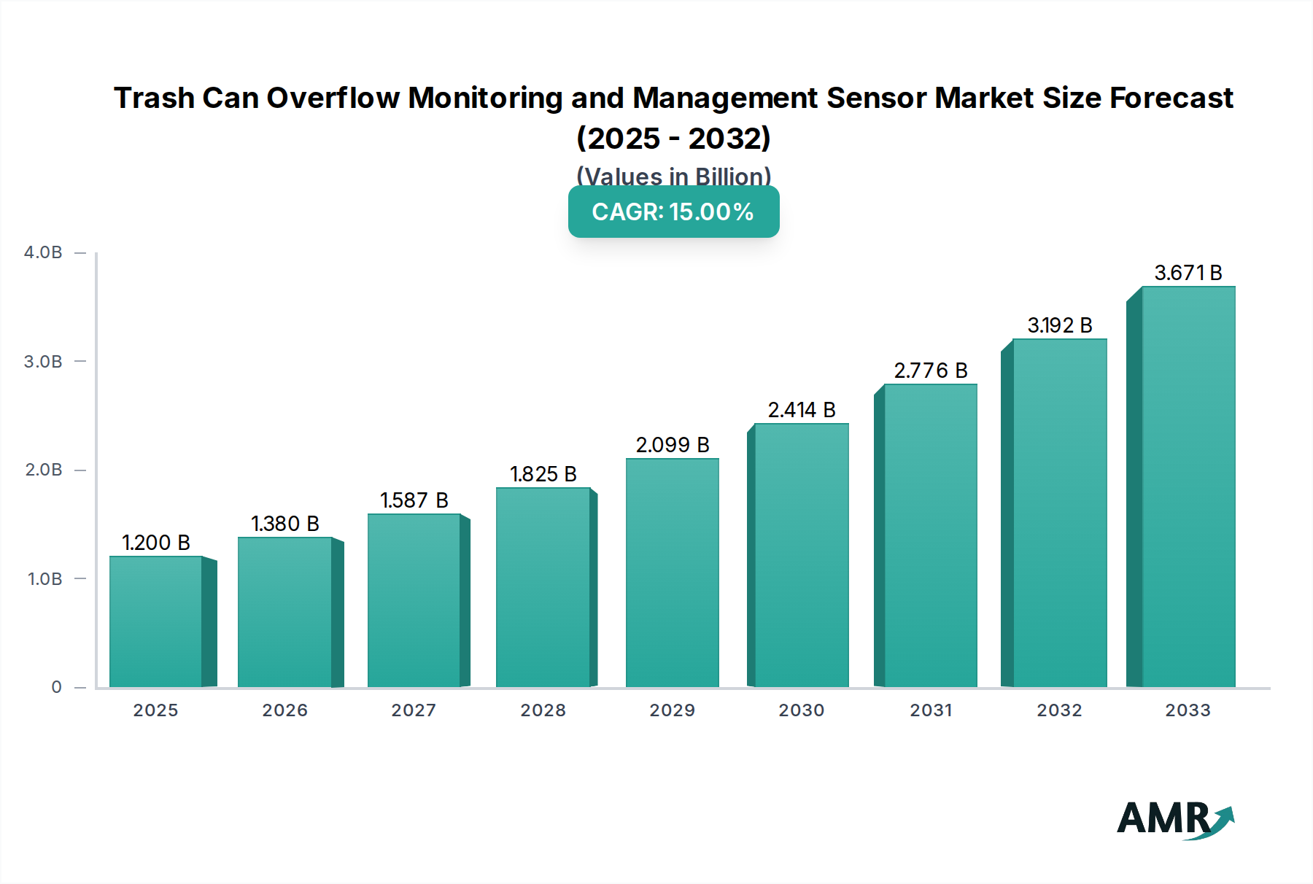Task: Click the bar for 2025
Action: [x=155, y=621]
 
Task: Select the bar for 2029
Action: [x=673, y=573]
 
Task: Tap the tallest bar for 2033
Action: [x=1188, y=486]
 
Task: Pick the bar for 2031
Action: [x=931, y=535]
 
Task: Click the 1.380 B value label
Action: [x=285, y=524]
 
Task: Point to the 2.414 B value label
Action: [x=802, y=410]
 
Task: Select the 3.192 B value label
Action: [x=1060, y=325]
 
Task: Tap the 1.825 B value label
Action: [x=543, y=474]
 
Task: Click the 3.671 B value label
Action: [x=1188, y=273]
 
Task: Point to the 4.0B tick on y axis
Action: [x=43, y=252]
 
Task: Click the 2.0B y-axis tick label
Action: [x=43, y=470]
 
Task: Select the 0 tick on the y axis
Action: [x=56, y=687]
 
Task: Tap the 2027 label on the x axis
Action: [x=414, y=710]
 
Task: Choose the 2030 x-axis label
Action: [x=802, y=710]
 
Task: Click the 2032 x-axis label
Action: [x=1060, y=710]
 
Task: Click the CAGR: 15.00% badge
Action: [x=673, y=212]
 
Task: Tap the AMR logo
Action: [x=1175, y=821]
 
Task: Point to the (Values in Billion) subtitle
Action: [x=673, y=176]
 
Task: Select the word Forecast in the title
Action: [x=1171, y=98]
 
